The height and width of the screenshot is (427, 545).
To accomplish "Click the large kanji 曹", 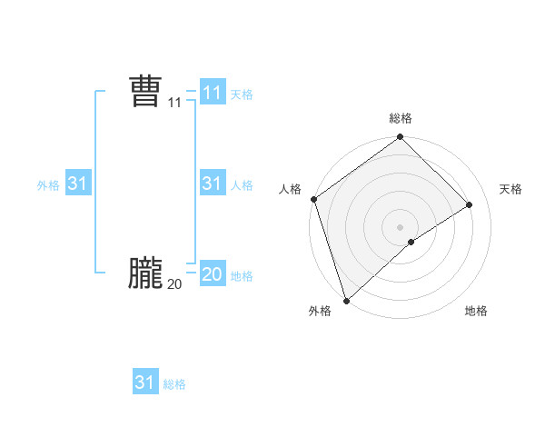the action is (145, 93).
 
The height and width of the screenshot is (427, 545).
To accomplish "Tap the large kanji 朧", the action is (145, 273).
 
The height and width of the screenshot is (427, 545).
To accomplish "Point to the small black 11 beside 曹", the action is (174, 104).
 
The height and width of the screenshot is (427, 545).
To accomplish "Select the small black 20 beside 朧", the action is (174, 284).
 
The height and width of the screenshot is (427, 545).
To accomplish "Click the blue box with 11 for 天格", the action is (212, 93).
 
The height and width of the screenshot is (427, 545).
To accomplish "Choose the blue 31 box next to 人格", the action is (212, 184).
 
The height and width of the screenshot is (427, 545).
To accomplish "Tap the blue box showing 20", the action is (212, 273).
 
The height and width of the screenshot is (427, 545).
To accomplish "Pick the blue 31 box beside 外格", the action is (78, 184).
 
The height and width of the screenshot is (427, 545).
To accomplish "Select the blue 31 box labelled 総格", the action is (145, 382).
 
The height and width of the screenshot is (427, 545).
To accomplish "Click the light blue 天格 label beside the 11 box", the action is (242, 94).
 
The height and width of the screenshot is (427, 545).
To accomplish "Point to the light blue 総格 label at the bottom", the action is (174, 384).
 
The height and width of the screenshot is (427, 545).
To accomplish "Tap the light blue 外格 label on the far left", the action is (48, 184).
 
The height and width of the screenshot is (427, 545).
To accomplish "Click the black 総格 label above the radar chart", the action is (401, 118).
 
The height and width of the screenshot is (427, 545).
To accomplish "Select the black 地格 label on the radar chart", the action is (476, 311).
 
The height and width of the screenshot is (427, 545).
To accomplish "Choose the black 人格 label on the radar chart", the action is (291, 189).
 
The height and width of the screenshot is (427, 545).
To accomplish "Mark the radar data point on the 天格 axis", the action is (470, 205).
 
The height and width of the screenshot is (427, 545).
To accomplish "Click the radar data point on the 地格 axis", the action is (411, 242).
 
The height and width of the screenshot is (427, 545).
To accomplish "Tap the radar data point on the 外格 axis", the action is (345, 299).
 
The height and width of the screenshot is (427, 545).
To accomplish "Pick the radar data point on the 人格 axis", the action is (313, 199).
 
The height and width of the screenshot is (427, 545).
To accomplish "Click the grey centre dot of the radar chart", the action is (401, 227).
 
